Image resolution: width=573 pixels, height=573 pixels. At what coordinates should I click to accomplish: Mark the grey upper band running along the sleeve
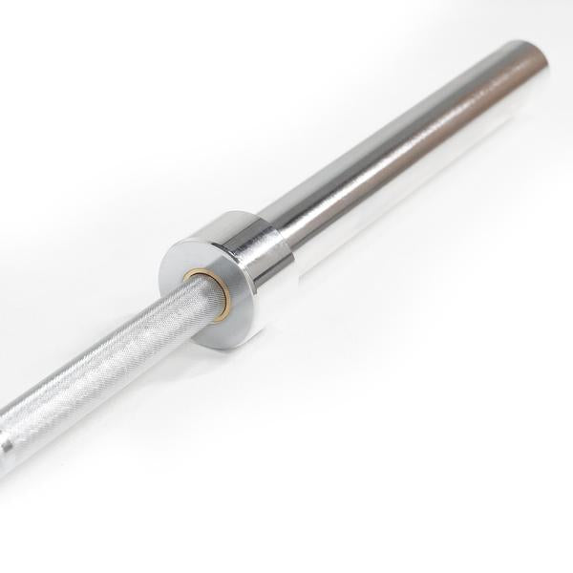point(401,129)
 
